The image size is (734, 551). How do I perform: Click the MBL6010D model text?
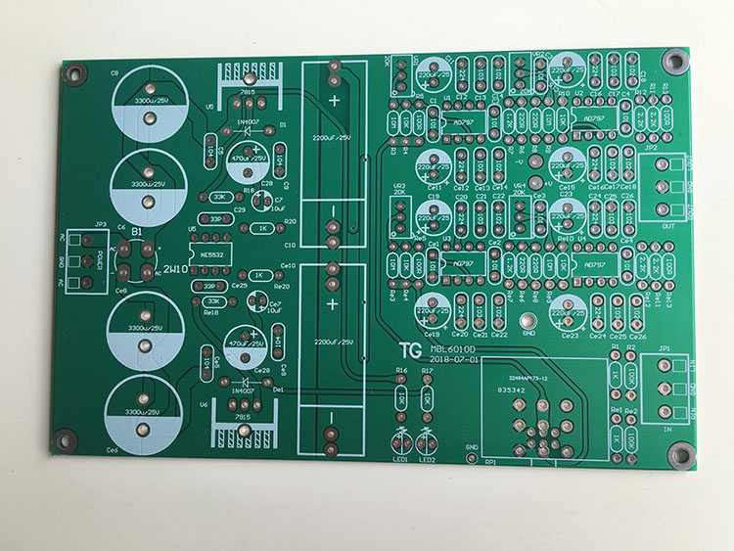pos(452,347)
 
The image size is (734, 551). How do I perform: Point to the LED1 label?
pos(399,459)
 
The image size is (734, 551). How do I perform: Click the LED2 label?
pos(427,459)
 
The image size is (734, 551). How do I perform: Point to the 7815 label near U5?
pos(245,90)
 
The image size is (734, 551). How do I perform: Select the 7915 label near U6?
pos(241,416)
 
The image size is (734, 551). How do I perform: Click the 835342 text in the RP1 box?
pos(511,390)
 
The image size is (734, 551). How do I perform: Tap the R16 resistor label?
pos(400,371)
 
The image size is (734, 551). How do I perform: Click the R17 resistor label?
pos(427,371)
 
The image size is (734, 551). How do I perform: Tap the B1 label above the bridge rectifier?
pos(138,231)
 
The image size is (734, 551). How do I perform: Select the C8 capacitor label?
pos(115,73)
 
